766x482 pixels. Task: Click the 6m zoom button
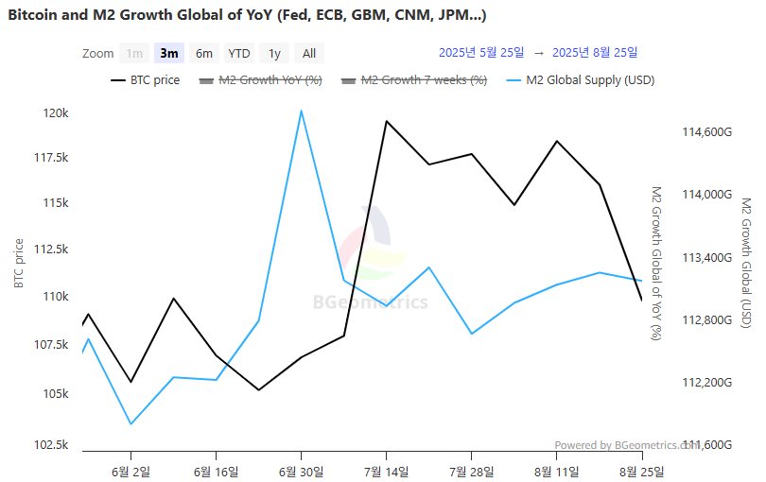tap(204, 53)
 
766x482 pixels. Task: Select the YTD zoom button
tap(239, 53)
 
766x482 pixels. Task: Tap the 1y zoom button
tap(274, 53)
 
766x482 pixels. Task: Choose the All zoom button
tap(309, 53)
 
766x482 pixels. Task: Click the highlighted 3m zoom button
tap(169, 53)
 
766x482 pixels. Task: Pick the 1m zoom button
tap(135, 53)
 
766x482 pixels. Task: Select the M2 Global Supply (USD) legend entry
tap(580, 80)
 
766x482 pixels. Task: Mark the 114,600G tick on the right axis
tap(707, 132)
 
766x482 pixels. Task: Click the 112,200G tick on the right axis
tap(707, 382)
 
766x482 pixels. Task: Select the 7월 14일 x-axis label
tap(386, 471)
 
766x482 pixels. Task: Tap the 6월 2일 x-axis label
tap(131, 471)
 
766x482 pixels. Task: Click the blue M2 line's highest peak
tap(301, 111)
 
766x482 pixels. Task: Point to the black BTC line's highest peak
tap(386, 121)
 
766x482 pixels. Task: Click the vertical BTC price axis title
tap(19, 264)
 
